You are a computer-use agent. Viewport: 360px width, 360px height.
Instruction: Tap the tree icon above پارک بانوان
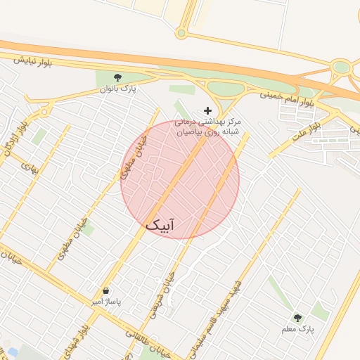(x=117, y=78)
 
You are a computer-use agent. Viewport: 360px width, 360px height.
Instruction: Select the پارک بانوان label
(x=117, y=89)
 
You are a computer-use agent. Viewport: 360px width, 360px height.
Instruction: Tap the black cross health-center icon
(x=207, y=110)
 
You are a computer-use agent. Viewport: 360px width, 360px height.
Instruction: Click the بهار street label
(x=29, y=167)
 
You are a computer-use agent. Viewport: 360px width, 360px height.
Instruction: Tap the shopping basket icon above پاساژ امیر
(x=105, y=290)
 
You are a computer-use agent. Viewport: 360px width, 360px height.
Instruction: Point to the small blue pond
(x=12, y=352)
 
